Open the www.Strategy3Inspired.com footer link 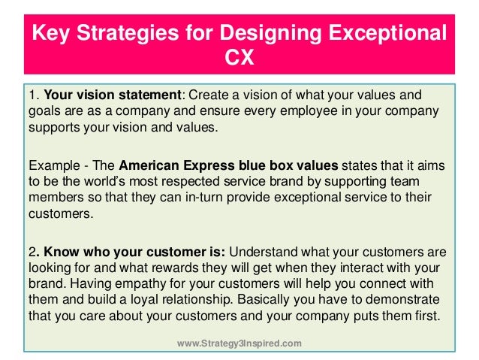click(x=239, y=343)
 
